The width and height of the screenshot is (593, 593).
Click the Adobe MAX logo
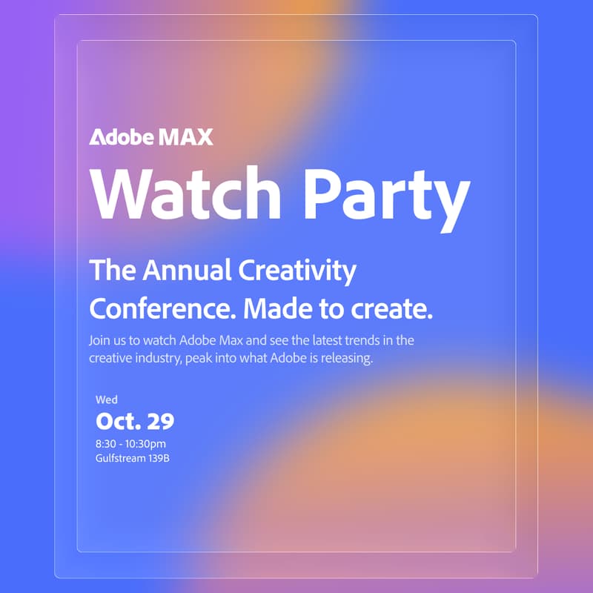pyautogui.click(x=151, y=137)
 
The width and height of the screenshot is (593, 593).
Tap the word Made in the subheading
pyautogui.click(x=282, y=307)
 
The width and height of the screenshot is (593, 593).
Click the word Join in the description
pyautogui.click(x=99, y=342)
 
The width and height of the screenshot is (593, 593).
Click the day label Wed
pyautogui.click(x=107, y=400)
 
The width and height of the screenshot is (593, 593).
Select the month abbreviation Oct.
pyautogui.click(x=118, y=422)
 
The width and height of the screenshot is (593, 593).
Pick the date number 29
pyautogui.click(x=160, y=422)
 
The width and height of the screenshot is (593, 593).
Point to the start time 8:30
pyautogui.click(x=106, y=444)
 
